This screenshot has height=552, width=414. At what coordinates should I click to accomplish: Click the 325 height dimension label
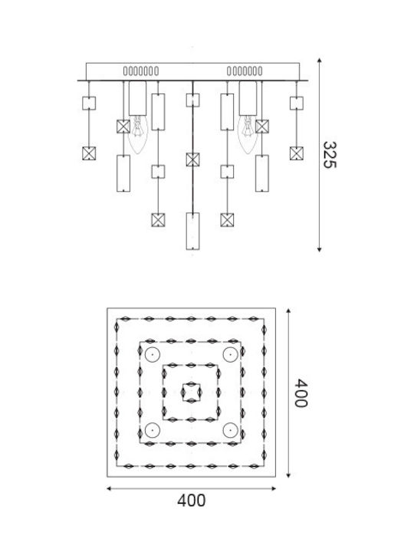tap(330, 155)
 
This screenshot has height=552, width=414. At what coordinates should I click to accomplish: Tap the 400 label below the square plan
tap(191, 500)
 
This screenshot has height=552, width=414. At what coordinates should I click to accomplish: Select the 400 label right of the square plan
tap(301, 393)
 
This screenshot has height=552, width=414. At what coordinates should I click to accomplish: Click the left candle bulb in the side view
tap(138, 134)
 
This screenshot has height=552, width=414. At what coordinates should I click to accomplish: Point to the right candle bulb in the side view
tap(248, 134)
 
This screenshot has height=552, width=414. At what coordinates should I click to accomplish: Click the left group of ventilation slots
tap(141, 71)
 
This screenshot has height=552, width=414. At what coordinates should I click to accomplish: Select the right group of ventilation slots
tap(245, 71)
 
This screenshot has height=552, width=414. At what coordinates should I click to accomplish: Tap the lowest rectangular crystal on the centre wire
tap(192, 231)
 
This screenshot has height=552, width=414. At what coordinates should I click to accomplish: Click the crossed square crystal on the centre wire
tap(192, 159)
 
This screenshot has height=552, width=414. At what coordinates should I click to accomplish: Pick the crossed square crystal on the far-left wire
tap(89, 153)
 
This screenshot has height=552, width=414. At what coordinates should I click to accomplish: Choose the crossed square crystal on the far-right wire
tap(297, 153)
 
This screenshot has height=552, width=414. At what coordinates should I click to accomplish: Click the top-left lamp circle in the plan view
tap(153, 355)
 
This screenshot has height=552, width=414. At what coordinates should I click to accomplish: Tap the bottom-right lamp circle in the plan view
tap(231, 430)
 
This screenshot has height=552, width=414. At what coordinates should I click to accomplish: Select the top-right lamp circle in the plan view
tap(231, 355)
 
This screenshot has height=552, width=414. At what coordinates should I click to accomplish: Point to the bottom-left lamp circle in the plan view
tap(153, 430)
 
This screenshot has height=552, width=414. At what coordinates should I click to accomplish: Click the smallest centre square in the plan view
tap(191, 384)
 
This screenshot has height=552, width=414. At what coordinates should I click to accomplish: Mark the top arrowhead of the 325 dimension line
tap(319, 61)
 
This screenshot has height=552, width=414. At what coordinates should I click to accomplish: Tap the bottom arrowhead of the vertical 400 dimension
tap(288, 475)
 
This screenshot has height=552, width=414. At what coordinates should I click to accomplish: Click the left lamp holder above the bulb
tap(138, 98)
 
